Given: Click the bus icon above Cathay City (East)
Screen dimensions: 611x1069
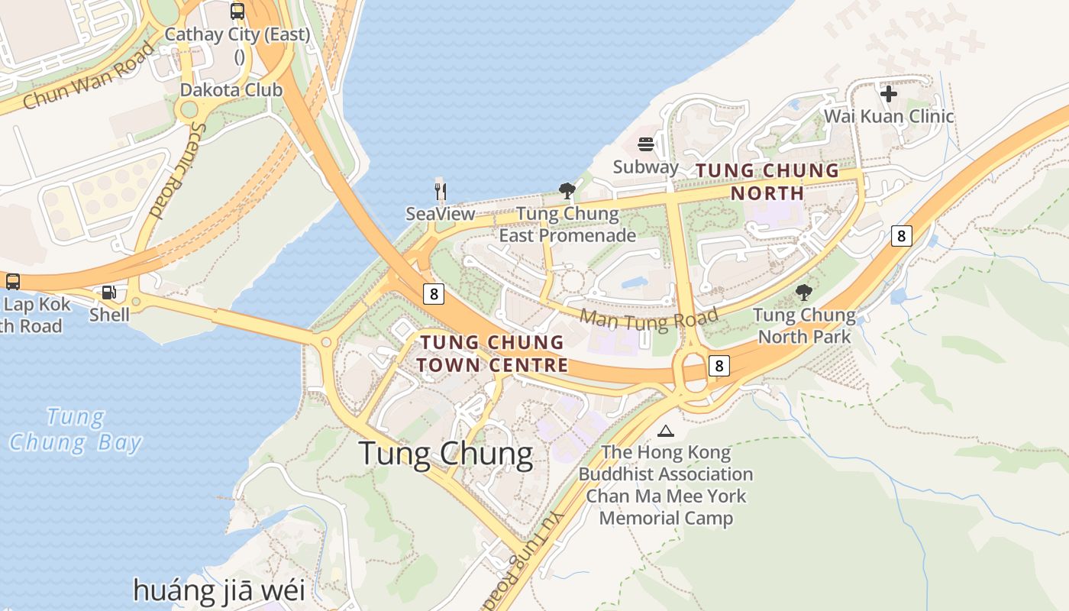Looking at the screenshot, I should pos(237,11).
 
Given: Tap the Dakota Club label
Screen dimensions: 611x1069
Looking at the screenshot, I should pos(231,90).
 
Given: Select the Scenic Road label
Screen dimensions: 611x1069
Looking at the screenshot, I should pos(168,170).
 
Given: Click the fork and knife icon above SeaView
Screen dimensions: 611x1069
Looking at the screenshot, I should pos(440,190).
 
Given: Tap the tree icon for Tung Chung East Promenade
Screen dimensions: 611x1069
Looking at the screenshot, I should pos(567,190).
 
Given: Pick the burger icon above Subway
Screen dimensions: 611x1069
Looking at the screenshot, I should pos(646,144).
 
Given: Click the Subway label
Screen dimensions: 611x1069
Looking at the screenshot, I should pos(646,167).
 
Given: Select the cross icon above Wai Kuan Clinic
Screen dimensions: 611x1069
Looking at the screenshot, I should pos(889,94).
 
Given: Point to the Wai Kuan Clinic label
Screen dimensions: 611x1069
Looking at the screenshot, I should pos(889,117).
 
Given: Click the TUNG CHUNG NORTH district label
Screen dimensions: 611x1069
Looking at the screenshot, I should pos(767,182).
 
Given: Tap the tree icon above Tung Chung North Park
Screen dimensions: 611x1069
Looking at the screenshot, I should pos(803,292).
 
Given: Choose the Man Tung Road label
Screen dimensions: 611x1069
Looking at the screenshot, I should pos(650,319).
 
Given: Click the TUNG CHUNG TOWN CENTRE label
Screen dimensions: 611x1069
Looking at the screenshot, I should pos(492,354).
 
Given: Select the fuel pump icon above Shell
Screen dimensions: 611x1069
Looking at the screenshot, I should pos(109,293).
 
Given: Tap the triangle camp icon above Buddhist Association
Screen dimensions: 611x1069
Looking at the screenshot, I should pos(666,432).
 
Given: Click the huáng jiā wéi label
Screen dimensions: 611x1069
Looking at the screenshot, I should pos(219,590).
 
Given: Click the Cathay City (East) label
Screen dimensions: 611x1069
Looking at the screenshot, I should pos(237,35).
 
